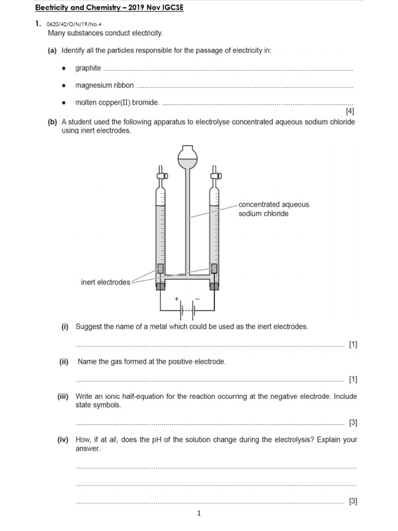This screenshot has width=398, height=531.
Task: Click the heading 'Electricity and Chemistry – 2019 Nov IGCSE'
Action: click(x=109, y=8)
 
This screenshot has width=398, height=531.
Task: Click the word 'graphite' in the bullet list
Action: click(x=88, y=68)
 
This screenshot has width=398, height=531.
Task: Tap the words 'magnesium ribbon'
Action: click(x=104, y=85)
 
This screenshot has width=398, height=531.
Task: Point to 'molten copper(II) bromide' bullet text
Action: click(x=117, y=102)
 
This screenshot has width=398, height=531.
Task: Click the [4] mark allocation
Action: click(x=350, y=111)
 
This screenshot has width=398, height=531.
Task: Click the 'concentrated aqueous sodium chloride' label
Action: click(x=274, y=209)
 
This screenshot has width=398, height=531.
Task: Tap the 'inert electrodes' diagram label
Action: click(x=106, y=282)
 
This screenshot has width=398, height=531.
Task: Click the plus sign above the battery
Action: click(x=177, y=299)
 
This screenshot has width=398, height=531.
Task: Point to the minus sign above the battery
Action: click(x=197, y=299)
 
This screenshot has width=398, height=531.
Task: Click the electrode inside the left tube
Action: click(x=161, y=269)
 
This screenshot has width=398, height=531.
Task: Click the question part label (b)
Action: click(x=52, y=122)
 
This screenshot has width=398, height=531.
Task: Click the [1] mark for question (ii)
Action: click(x=353, y=379)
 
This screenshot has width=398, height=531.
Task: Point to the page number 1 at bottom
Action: click(x=198, y=513)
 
